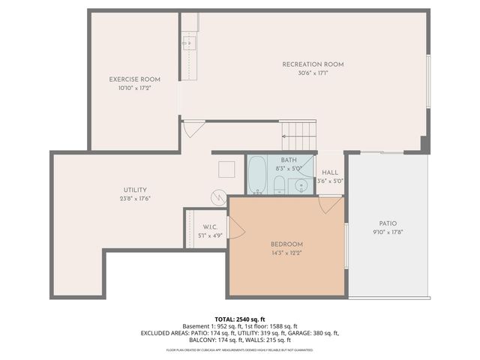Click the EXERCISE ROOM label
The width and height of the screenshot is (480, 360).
[x=135, y=79]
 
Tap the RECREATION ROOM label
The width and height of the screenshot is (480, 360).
[x=313, y=64]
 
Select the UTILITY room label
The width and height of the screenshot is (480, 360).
[x=135, y=190]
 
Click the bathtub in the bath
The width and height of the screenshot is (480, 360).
[x=257, y=175]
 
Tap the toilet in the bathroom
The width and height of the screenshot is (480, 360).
[x=278, y=185]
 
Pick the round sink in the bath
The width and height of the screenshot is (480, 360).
[x=299, y=184]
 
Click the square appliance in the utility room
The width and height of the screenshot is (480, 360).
[x=226, y=169]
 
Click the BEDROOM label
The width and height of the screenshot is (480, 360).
[x=286, y=244]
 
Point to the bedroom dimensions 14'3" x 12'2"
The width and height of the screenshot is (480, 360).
[x=286, y=253]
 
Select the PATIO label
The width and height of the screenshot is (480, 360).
[x=388, y=223]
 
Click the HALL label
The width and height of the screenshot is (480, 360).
[x=330, y=172]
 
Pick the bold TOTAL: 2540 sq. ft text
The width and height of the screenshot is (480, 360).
[x=239, y=319]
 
